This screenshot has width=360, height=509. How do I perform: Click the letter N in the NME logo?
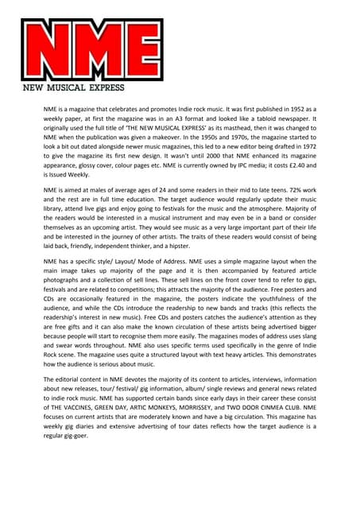49,49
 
